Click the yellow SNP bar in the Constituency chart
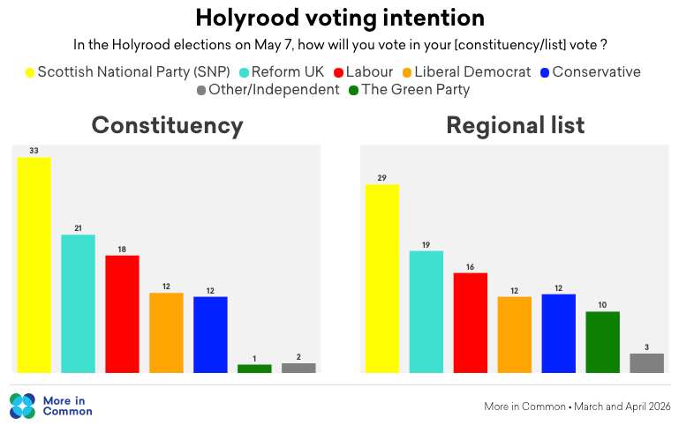click(34, 265)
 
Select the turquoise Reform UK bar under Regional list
click(426, 311)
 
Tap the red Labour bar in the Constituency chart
click(122, 313)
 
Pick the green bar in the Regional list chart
click(602, 341)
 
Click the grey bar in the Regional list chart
click(646, 362)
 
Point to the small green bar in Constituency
click(254, 368)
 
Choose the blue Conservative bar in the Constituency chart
click(210, 334)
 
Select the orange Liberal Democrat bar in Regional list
click(514, 334)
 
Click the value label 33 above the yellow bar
click(34, 151)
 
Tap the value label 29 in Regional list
click(381, 178)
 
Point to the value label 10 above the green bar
click(602, 305)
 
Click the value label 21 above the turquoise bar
click(78, 228)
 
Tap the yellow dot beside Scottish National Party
click(31, 72)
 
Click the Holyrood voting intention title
click(339, 18)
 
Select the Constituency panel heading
click(167, 126)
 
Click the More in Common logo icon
click(23, 406)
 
